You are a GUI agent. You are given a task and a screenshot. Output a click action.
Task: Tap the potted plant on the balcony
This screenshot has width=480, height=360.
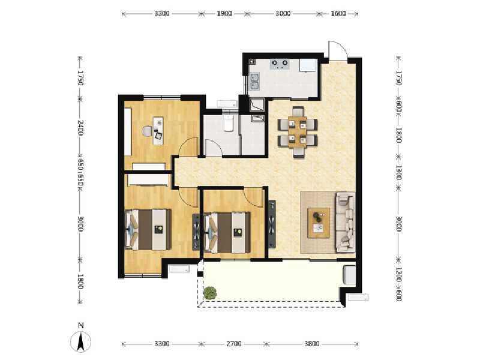click(x=210, y=293)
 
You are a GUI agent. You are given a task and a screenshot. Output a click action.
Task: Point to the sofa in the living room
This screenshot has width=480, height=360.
click(x=345, y=221)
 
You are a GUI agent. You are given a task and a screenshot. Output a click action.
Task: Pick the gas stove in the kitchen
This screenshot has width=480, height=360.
click(x=280, y=63)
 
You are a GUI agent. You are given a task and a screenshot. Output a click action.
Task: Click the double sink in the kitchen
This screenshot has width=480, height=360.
click(x=255, y=80)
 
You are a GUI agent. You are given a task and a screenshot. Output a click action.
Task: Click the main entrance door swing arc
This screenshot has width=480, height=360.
click(x=337, y=50)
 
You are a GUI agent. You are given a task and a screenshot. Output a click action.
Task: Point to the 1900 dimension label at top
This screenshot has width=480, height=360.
click(x=225, y=13)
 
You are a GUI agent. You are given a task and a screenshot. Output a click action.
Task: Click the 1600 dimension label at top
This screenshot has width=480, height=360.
click(x=338, y=13)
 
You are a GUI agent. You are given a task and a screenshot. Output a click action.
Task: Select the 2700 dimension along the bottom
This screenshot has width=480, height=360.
click(x=233, y=344)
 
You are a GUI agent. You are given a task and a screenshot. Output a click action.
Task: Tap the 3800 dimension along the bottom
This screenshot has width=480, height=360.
click(x=312, y=344)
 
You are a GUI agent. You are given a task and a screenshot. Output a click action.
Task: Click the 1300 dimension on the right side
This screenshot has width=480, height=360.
click(x=398, y=171)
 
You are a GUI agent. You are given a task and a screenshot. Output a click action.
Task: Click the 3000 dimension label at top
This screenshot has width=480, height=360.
click(x=283, y=13)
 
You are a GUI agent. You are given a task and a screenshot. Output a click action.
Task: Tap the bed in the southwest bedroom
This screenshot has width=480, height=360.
click(x=148, y=229)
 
